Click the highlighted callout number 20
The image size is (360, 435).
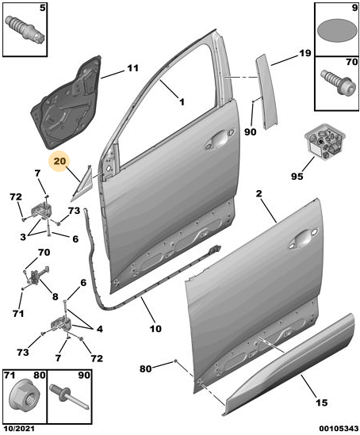coord(60,161)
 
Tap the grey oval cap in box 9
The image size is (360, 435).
coord(337,31)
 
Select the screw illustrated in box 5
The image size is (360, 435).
coord(25,29)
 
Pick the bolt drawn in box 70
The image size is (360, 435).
coord(338,82)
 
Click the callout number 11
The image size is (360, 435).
coord(132,68)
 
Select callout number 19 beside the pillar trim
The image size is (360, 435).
coord(304,53)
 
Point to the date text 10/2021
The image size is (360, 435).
coord(17,429)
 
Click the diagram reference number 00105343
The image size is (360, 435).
coord(339,429)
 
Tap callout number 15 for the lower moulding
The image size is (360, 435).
coord(321,403)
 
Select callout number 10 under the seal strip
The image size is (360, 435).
coord(155,329)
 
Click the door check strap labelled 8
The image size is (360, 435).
coord(36,276)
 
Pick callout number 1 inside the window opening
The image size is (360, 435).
coord(182,102)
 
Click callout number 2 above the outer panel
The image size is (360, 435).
coord(259,193)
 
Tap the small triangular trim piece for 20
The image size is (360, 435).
coord(82,183)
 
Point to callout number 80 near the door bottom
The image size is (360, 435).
coord(145,368)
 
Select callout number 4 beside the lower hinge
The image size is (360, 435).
coord(99,329)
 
